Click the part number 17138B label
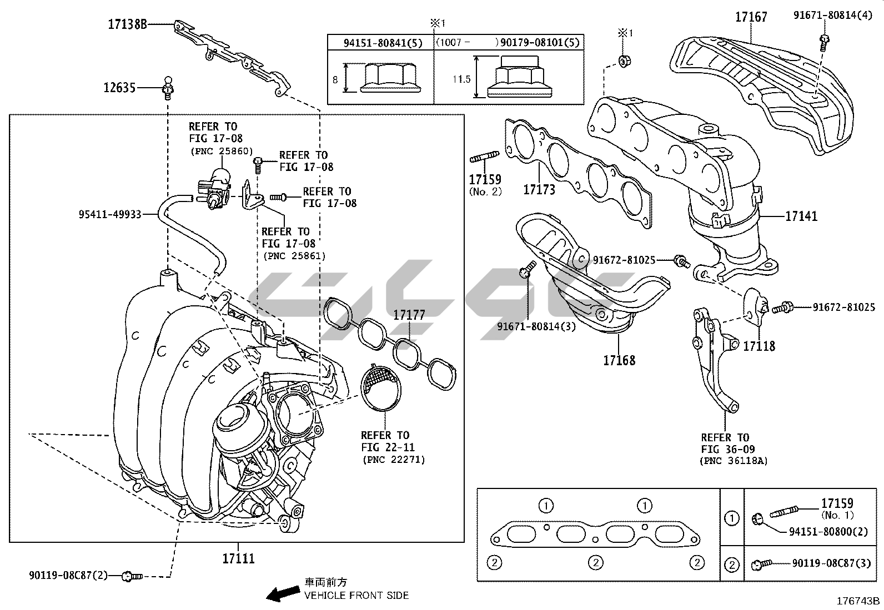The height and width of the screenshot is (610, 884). [127, 24]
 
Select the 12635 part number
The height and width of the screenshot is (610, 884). [119, 88]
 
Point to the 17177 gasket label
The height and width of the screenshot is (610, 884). [409, 315]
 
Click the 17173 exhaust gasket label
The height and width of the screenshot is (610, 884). [539, 190]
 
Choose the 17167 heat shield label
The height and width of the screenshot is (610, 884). [751, 17]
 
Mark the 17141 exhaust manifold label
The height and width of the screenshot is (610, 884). [801, 216]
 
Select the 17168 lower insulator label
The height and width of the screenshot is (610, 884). [619, 360]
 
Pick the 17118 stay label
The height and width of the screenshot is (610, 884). [759, 346]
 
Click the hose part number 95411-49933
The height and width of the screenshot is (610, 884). [109, 213]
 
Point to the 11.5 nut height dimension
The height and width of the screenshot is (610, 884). [461, 79]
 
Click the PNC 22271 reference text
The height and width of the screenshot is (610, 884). [393, 460]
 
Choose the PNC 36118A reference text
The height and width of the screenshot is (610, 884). [733, 461]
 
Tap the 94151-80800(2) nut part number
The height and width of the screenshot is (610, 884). [828, 531]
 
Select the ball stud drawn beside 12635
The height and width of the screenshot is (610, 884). [167, 87]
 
